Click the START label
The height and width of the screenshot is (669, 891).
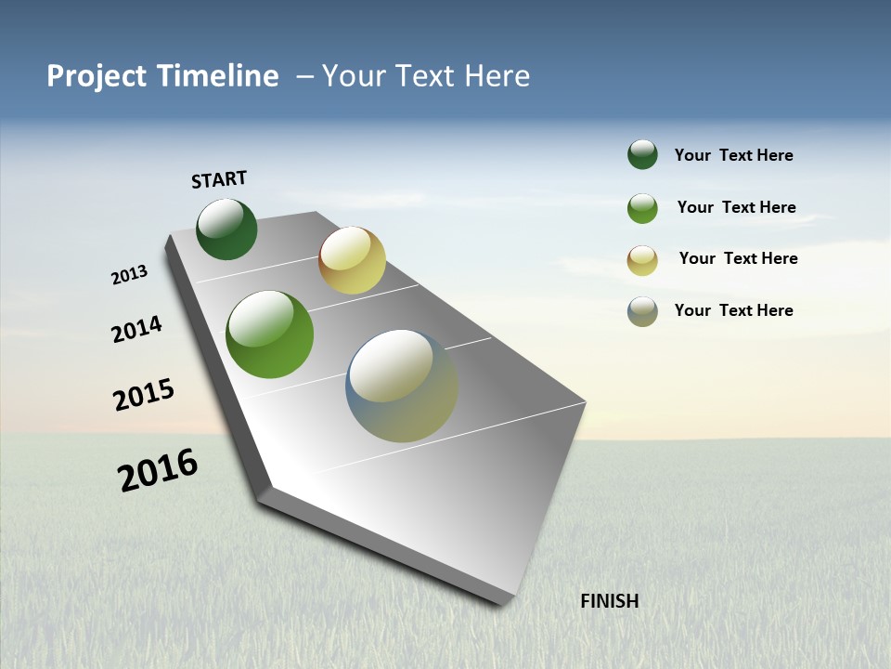[x=219, y=179]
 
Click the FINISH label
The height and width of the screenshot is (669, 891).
[x=609, y=601]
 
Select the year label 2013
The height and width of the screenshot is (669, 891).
[x=129, y=275]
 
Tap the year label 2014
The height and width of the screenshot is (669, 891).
[x=136, y=329]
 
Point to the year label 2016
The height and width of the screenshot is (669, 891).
[x=158, y=470]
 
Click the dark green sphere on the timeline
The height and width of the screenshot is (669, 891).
[x=226, y=230]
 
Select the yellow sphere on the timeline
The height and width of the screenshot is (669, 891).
[x=352, y=260]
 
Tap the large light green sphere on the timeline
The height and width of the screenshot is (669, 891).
[x=269, y=334]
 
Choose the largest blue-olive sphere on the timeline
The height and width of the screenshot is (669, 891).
[x=402, y=386]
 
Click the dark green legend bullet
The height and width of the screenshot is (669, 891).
[x=642, y=155]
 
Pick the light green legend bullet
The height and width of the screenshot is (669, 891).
[x=642, y=208]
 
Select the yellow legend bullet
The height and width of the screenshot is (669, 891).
[x=642, y=260]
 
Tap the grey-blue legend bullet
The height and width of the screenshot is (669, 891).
[x=642, y=311]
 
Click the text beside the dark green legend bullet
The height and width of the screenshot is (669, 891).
[x=733, y=155]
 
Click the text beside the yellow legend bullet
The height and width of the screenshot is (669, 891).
[x=738, y=258]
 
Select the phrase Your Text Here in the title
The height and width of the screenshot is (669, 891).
[x=426, y=76]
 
